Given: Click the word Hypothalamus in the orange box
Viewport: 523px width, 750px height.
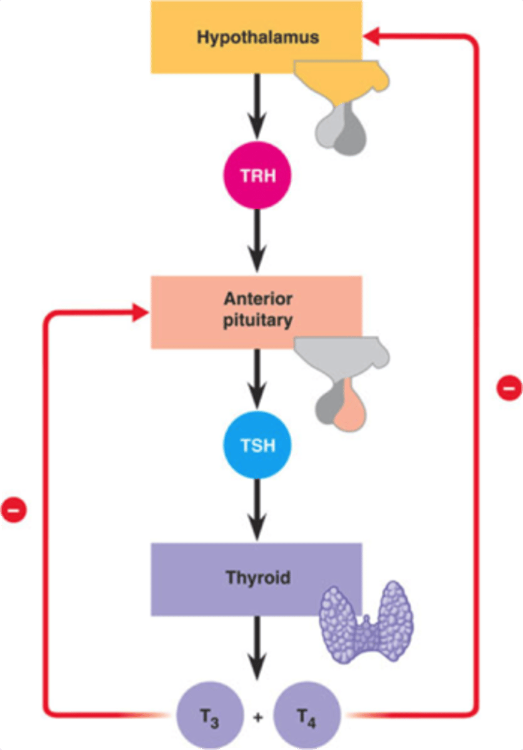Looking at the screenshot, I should click(x=257, y=37).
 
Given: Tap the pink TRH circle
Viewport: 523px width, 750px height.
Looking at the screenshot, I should click(x=257, y=177).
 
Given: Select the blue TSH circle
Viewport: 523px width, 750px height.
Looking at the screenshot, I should click(x=257, y=446).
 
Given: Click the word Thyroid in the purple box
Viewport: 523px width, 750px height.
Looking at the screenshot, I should click(x=257, y=577).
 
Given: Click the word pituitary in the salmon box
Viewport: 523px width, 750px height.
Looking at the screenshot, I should click(x=257, y=321).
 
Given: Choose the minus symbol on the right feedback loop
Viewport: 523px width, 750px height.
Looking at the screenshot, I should click(x=509, y=387).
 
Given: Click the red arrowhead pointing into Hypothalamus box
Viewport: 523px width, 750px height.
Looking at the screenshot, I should click(x=371, y=37).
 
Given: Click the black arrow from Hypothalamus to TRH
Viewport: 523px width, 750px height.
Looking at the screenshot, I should click(x=257, y=106).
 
